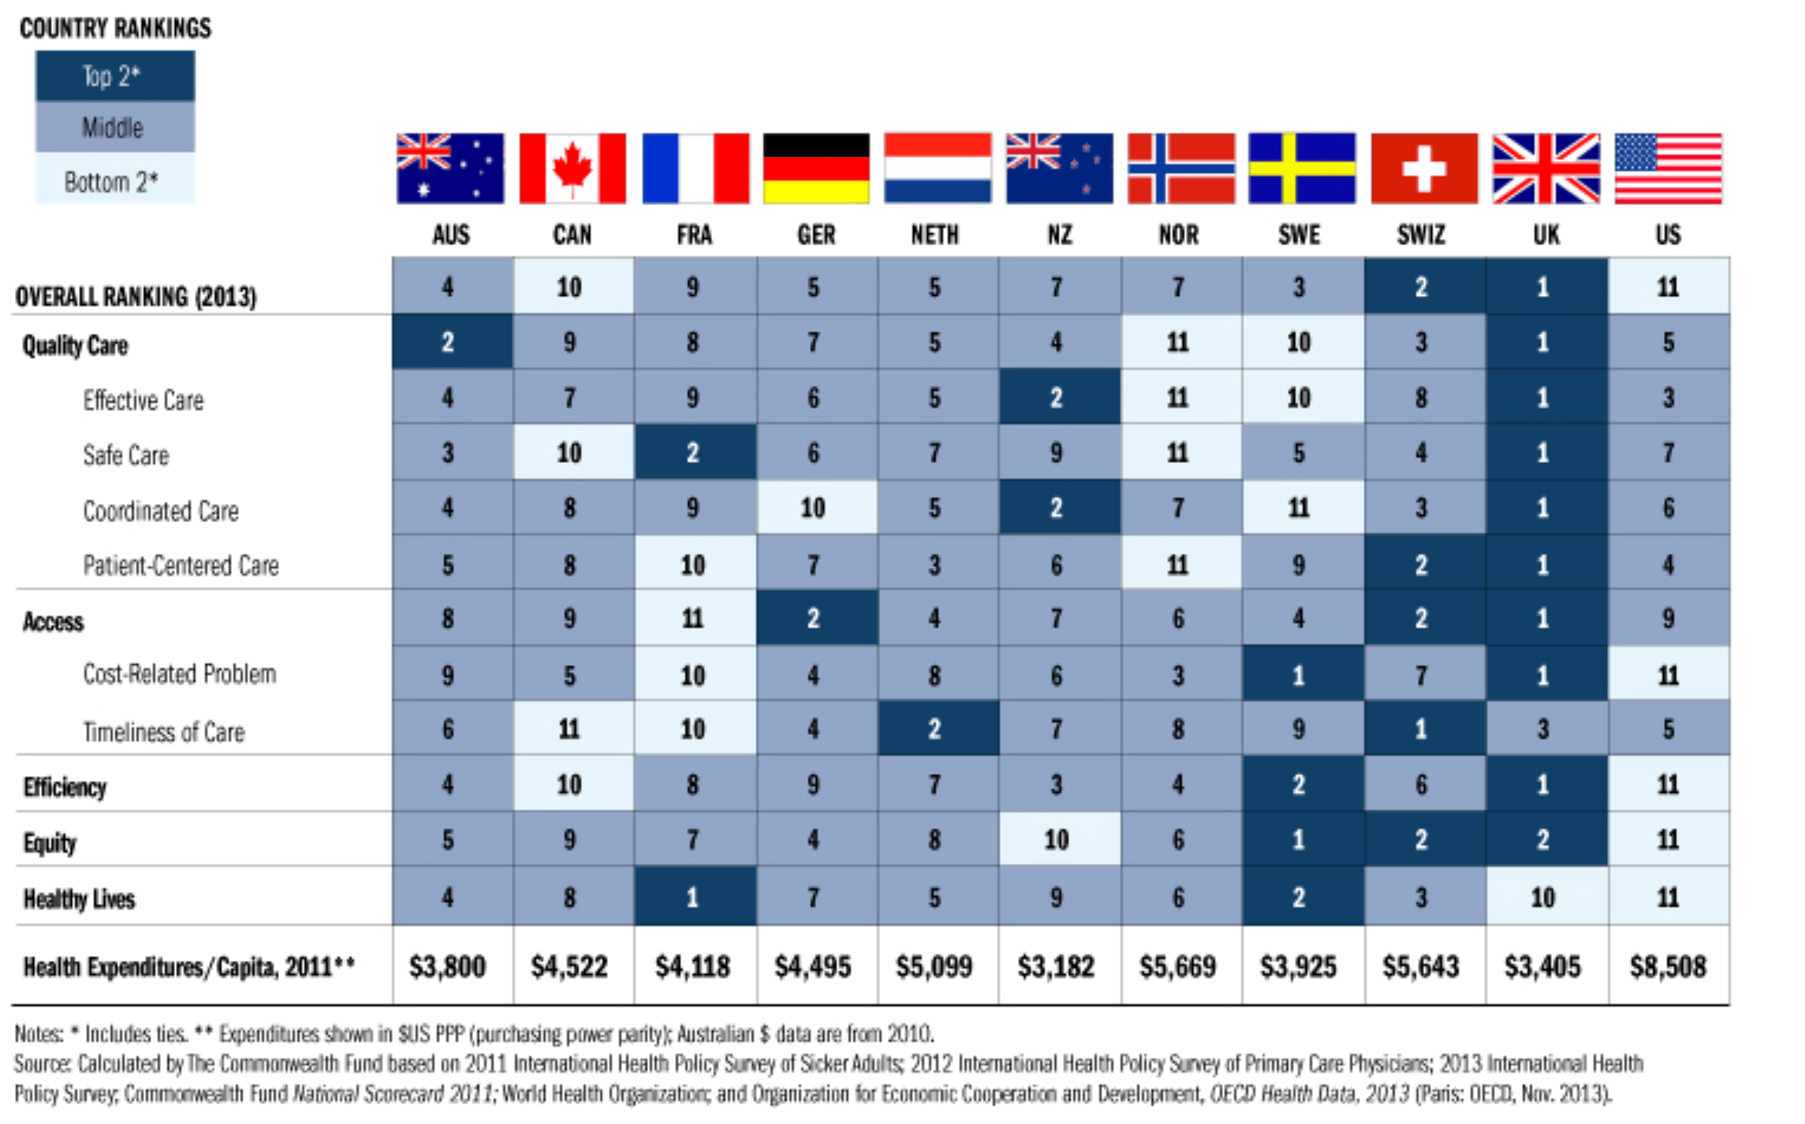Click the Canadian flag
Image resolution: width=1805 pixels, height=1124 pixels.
[x=572, y=168]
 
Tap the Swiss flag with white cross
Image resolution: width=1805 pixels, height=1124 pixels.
[x=1423, y=168]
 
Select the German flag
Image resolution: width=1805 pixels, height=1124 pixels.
[x=816, y=168]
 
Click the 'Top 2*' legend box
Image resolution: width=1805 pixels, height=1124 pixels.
[x=115, y=76]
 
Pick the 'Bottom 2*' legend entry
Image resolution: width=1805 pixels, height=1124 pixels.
[x=115, y=181]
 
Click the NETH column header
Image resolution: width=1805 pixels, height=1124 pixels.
[x=934, y=234]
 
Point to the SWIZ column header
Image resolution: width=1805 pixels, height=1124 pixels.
[x=1421, y=234]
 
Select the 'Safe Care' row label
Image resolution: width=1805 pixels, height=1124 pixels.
[x=126, y=455]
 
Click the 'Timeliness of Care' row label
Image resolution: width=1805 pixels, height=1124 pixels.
[x=164, y=732]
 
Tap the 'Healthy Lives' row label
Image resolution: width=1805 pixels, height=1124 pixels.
[x=79, y=898]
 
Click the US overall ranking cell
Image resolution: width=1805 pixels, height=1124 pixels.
[x=1668, y=286]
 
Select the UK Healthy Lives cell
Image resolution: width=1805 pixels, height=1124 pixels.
[x=1543, y=897]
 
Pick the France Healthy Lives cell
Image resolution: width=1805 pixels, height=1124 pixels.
[x=692, y=897]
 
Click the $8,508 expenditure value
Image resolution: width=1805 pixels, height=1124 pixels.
[x=1668, y=966]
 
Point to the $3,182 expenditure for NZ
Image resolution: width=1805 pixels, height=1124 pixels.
[x=1056, y=966]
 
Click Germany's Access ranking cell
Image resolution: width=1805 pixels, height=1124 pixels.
[x=814, y=618]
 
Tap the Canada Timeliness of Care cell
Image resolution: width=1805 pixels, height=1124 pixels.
[x=569, y=729]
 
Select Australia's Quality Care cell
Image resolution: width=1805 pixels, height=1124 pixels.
[x=448, y=342]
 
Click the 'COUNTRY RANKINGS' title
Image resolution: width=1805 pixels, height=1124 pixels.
[x=115, y=28]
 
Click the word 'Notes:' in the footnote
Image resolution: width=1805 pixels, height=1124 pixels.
[x=39, y=1033]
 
